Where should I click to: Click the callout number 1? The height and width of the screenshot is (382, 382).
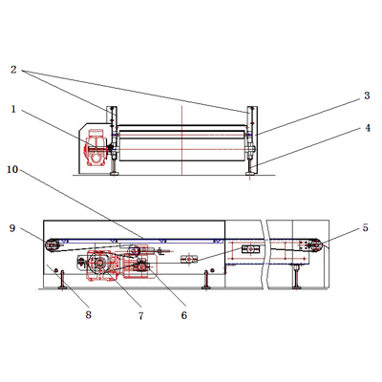click(13, 109)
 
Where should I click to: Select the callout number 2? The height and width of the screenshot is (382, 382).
click(13, 70)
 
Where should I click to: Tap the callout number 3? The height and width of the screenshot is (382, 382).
click(367, 95)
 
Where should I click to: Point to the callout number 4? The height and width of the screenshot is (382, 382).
click(368, 128)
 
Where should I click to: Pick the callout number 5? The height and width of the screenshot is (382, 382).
click(365, 228)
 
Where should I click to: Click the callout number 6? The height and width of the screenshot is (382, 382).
click(184, 315)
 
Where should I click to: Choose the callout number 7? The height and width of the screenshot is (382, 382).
click(140, 315)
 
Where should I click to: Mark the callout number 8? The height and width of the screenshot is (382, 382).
click(88, 314)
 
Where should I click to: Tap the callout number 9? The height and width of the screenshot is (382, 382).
click(12, 228)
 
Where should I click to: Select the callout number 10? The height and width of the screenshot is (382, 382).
click(12, 169)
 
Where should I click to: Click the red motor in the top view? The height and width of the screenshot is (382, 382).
click(95, 147)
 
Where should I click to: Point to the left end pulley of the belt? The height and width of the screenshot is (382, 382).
click(52, 245)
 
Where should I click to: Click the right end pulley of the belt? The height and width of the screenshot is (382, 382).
click(315, 245)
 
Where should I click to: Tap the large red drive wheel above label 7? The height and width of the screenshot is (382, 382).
click(99, 263)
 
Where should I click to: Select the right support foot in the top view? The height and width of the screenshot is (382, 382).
click(250, 168)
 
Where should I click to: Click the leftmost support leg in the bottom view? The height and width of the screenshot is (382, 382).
click(62, 280)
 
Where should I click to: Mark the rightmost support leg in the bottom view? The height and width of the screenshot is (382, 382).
click(297, 278)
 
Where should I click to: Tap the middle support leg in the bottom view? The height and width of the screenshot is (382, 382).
click(206, 280)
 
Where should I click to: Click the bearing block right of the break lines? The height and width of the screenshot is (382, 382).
click(251, 249)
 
